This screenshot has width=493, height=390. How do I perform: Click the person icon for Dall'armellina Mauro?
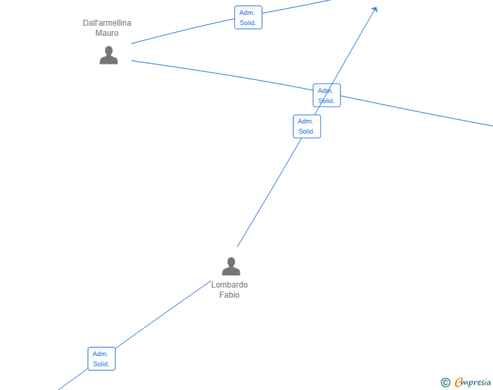[109, 55]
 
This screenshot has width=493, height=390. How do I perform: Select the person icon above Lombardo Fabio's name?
[231, 266]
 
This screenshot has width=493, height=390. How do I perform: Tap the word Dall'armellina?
[107, 23]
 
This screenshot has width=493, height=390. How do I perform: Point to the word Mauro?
[107, 33]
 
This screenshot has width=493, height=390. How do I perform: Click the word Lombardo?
[230, 285]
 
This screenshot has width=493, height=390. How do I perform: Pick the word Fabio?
[230, 295]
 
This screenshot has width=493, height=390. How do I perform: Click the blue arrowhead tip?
[377, 7]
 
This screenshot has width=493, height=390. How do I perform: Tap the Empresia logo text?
[473, 383]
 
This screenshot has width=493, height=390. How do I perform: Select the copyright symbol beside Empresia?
[446, 383]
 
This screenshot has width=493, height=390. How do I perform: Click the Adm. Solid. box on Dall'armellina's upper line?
[249, 18]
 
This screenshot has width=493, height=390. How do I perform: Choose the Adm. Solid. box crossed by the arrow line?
[326, 96]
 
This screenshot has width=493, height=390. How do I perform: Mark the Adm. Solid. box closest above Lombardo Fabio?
[307, 126]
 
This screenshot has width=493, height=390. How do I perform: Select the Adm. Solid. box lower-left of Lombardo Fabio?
[102, 359]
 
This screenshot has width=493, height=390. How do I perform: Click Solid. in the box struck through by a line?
[326, 101]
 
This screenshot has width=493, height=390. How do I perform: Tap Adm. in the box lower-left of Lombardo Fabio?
[100, 354]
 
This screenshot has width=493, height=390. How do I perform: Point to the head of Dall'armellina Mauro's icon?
[109, 50]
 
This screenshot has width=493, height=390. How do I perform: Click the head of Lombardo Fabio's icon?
[231, 262]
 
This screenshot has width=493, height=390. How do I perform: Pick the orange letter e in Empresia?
[459, 382]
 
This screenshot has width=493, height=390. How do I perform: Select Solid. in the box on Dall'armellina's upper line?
[248, 22]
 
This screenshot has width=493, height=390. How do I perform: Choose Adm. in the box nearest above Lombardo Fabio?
[305, 121]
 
